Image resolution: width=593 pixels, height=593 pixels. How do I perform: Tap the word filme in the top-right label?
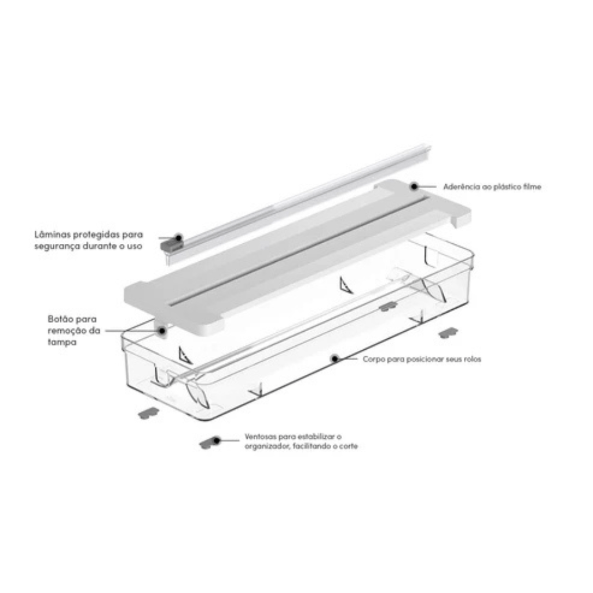pos(532,187)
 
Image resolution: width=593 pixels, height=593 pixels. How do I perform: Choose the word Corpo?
pos(374,359)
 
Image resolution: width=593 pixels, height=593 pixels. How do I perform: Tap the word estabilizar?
pos(315,436)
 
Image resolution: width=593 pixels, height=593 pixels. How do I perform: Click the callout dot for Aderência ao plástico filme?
pos(414,186)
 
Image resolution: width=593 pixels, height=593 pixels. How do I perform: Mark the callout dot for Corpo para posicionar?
pos(334,359)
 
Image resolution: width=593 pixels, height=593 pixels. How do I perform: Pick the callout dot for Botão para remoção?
pos(163,331)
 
